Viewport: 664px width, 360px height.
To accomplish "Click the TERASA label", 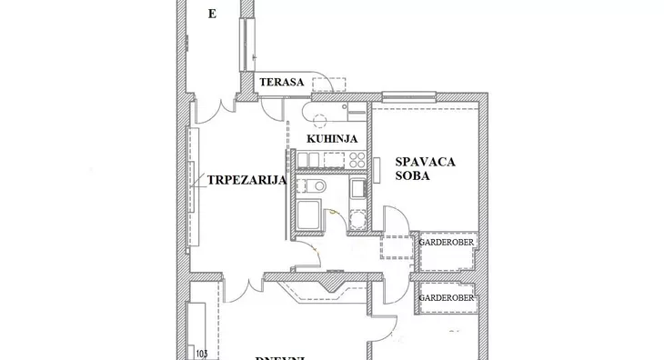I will pyautogui.click(x=280, y=83).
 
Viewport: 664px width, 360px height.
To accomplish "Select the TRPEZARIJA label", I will pyautogui.click(x=246, y=180).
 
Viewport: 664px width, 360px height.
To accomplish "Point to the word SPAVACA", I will pyautogui.click(x=426, y=162).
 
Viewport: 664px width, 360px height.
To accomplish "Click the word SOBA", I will pyautogui.click(x=412, y=176).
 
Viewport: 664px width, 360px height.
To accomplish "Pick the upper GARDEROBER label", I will pyautogui.click(x=446, y=243).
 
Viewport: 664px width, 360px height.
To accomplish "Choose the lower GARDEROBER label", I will pyautogui.click(x=446, y=297).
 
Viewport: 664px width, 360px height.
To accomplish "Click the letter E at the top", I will pyautogui.click(x=212, y=14).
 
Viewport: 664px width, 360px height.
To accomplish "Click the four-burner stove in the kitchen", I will pyautogui.click(x=356, y=160).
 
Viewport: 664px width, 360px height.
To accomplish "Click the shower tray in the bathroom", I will pyautogui.click(x=308, y=216).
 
